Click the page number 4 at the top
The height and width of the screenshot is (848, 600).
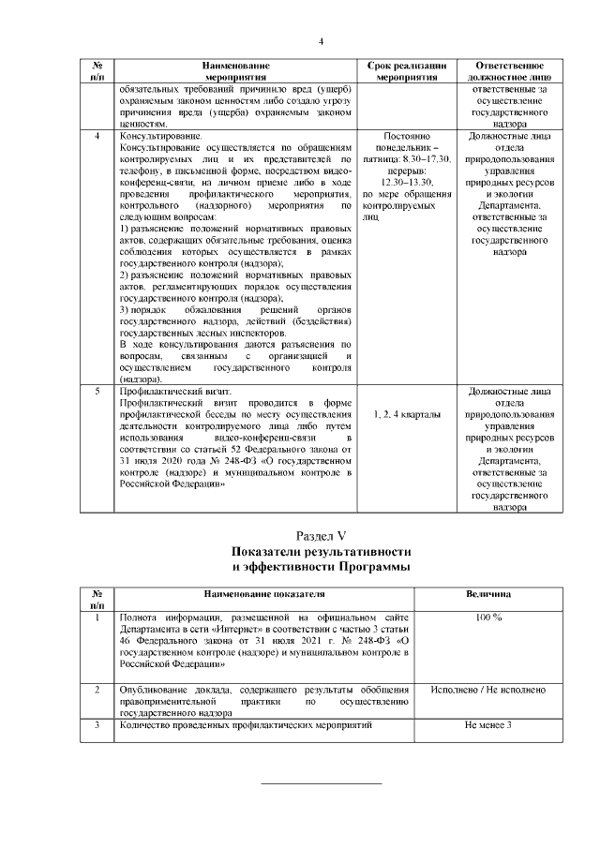(x=321, y=42)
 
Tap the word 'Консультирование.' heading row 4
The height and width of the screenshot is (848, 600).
(x=155, y=136)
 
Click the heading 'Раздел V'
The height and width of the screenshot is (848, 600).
(x=321, y=535)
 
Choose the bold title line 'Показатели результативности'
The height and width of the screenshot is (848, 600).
(x=321, y=552)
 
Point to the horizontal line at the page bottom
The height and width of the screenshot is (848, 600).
(x=321, y=782)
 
